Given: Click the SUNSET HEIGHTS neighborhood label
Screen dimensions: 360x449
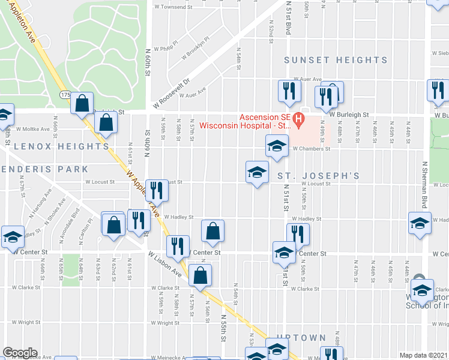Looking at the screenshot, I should click(336, 60).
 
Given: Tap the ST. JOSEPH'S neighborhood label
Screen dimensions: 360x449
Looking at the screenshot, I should click(318, 176).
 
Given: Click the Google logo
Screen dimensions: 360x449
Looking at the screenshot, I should click(19, 353).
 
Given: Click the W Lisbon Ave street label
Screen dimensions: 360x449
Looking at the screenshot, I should click(166, 264).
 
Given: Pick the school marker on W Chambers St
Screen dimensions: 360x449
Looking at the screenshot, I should click(277, 146).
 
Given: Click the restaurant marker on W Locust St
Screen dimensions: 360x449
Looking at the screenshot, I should click(157, 190).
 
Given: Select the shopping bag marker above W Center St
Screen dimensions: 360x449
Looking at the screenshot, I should click(212, 230).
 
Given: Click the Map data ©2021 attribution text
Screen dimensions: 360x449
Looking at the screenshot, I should click(424, 355).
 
